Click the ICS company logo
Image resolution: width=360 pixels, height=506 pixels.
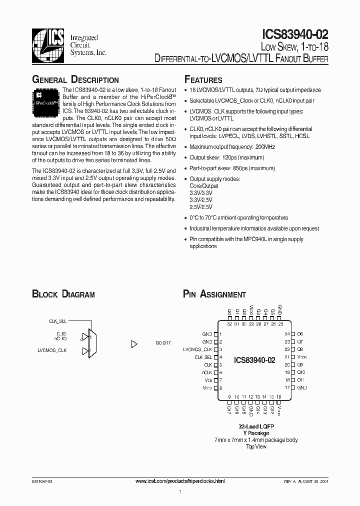[48, 44]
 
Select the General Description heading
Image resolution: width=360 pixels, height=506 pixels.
[75, 80]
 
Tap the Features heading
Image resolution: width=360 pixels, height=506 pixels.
[203, 80]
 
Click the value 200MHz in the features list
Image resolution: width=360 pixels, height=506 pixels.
[265, 147]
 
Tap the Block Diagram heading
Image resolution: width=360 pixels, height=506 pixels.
[63, 294]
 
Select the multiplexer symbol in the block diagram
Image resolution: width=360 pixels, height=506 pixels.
[91, 343]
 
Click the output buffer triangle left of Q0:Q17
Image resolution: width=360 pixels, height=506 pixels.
[133, 344]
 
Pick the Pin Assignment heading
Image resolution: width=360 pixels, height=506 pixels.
[214, 294]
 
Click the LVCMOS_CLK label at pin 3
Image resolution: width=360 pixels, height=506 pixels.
[198, 349]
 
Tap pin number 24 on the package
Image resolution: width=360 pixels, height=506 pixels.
[287, 333]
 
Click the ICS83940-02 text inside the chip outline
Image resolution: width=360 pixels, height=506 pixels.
[254, 360]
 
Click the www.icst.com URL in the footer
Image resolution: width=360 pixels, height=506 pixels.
[180, 480]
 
